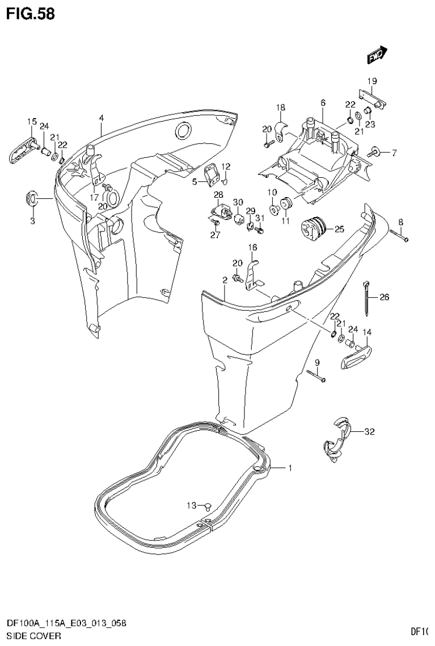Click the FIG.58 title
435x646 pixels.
(31, 14)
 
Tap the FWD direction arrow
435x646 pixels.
(377, 54)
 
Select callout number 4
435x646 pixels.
(101, 118)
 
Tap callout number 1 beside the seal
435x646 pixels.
(289, 468)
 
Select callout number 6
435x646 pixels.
(323, 103)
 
